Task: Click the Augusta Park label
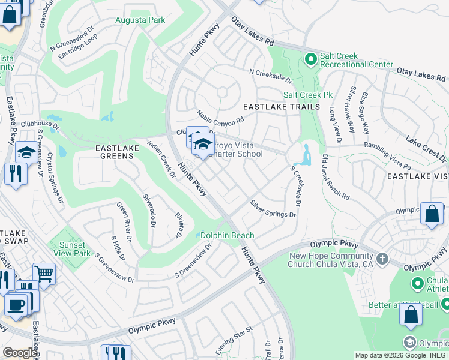tap(140, 20)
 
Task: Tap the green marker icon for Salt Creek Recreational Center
tap(310, 59)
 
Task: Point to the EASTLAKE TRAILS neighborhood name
tap(281, 107)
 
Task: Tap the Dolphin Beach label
tap(227, 236)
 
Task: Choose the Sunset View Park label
tap(71, 248)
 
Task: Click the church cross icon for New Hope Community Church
tap(382, 259)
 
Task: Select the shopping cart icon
tap(44, 274)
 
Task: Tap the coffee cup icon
tap(16, 303)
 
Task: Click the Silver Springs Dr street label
tap(273, 209)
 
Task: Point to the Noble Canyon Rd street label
tap(221, 116)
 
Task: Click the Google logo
tap(19, 353)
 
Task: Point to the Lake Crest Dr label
tap(426, 148)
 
